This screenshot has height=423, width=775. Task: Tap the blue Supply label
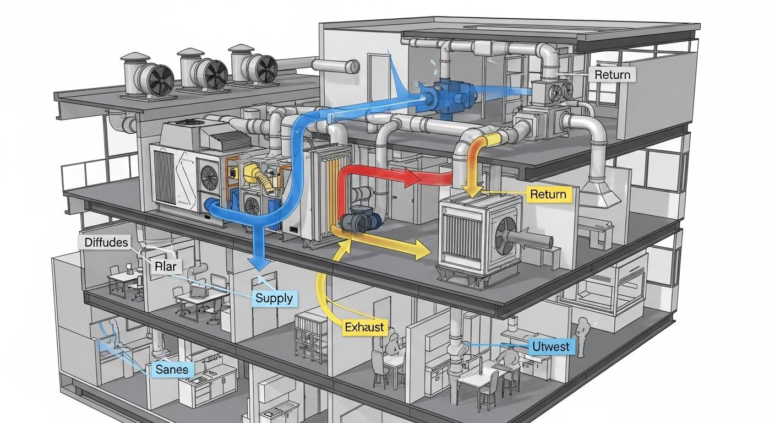pyautogui.click(x=274, y=299)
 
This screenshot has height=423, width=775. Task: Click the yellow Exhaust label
pyautogui.click(x=364, y=327)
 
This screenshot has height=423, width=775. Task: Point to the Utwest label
pyautogui.click(x=552, y=346)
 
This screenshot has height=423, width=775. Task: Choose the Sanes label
pyautogui.click(x=172, y=369)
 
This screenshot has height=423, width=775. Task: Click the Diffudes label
pyautogui.click(x=107, y=242)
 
